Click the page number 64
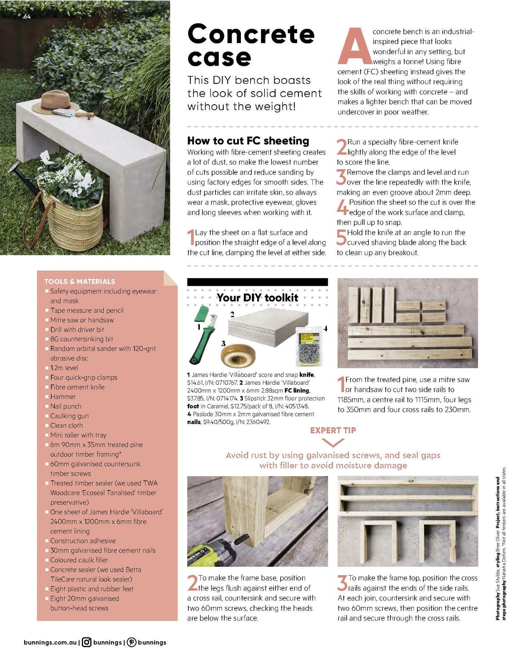coord(27,17)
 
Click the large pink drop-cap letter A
coord(354,47)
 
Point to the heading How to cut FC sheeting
coord(248,141)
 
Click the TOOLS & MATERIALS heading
coord(80,281)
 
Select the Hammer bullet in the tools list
coord(63,397)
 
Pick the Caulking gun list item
coord(69,416)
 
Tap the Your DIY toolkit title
coord(257,298)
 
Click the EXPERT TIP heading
coord(333,430)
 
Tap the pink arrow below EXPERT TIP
coord(333,443)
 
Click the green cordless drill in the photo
coord(212,552)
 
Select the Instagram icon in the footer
coord(87,642)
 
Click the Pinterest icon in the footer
coord(132,642)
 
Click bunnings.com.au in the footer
coord(50,642)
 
